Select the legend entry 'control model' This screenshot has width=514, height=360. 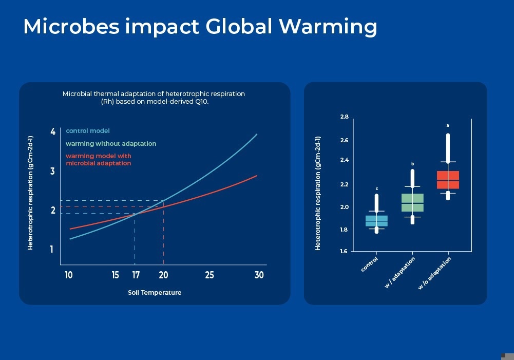88,131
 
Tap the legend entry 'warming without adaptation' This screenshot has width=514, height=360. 111,144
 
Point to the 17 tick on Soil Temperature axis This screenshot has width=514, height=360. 135,275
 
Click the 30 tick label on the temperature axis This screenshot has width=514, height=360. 259,275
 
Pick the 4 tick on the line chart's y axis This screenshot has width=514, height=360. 53,131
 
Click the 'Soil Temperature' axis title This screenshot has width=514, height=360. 155,293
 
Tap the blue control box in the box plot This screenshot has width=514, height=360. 377,221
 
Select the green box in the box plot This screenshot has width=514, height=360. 412,202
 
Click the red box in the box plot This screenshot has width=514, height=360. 448,180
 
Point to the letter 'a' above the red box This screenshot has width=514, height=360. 448,125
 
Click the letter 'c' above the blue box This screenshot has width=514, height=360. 377,188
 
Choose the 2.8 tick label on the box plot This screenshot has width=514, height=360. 344,117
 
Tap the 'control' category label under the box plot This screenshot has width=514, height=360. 370,263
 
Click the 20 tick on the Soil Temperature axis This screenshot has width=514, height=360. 164,275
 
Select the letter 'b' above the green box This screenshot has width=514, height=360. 412,164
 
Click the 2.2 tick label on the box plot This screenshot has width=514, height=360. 344,184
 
